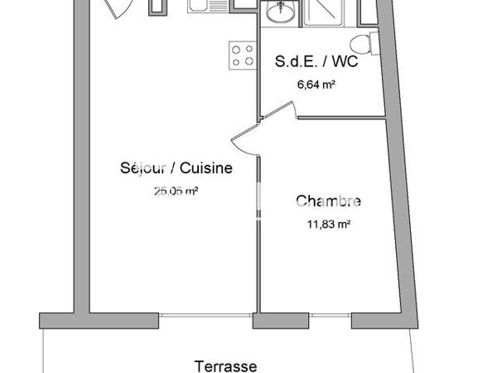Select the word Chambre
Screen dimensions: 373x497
coord(328,201)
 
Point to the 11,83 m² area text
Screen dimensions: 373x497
coord(328,223)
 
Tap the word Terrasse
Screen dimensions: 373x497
coord(225,365)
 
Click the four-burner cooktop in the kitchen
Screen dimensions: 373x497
coord(243,55)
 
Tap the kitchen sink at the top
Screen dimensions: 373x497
coord(204,6)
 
